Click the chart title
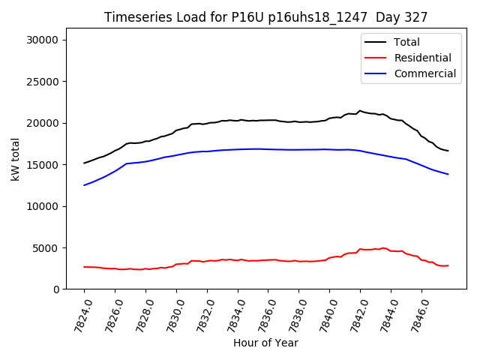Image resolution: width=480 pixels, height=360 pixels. pos(265,17)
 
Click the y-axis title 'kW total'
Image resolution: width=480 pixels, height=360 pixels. pos(16,160)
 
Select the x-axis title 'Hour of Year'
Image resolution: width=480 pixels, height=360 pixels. pos(265,343)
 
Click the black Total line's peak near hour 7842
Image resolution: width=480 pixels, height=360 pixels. pos(360,111)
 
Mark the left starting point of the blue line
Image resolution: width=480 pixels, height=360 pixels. pos(84,185)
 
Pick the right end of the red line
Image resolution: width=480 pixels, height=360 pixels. pos(448,265)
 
